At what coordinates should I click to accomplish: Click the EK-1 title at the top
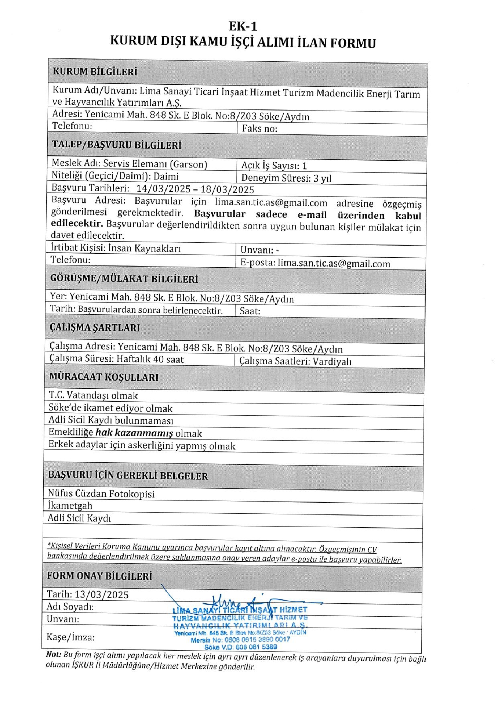pyautogui.click(x=243, y=26)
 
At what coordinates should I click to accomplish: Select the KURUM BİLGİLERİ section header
pyautogui.click(x=95, y=71)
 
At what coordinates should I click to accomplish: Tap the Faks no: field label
pyautogui.click(x=259, y=129)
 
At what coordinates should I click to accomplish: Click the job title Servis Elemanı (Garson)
pyautogui.click(x=155, y=164)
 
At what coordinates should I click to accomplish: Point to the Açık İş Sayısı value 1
pyautogui.click(x=304, y=166)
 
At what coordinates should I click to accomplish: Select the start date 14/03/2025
pyautogui.click(x=163, y=189)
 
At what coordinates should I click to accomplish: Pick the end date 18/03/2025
pyautogui.click(x=228, y=189)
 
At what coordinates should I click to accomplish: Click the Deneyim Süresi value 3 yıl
pyautogui.click(x=322, y=178)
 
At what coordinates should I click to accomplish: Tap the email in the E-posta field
pyautogui.click(x=334, y=264)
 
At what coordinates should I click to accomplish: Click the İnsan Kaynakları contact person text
pyautogui.click(x=145, y=248)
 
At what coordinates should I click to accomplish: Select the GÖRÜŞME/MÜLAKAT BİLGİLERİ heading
pyautogui.click(x=124, y=278)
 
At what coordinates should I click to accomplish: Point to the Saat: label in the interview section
pyautogui.click(x=250, y=311)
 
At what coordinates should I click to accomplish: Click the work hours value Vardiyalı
pyautogui.click(x=332, y=362)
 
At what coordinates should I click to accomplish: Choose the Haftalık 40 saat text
pyautogui.click(x=150, y=359)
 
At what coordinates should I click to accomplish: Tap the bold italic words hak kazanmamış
pyautogui.click(x=134, y=433)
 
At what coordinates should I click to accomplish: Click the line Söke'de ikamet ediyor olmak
pyautogui.click(x=110, y=408)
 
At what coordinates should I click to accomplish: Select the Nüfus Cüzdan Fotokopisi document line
pyautogui.click(x=101, y=493)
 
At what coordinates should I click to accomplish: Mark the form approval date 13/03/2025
pyautogui.click(x=102, y=594)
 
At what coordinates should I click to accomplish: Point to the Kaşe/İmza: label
pyautogui.click(x=70, y=637)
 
